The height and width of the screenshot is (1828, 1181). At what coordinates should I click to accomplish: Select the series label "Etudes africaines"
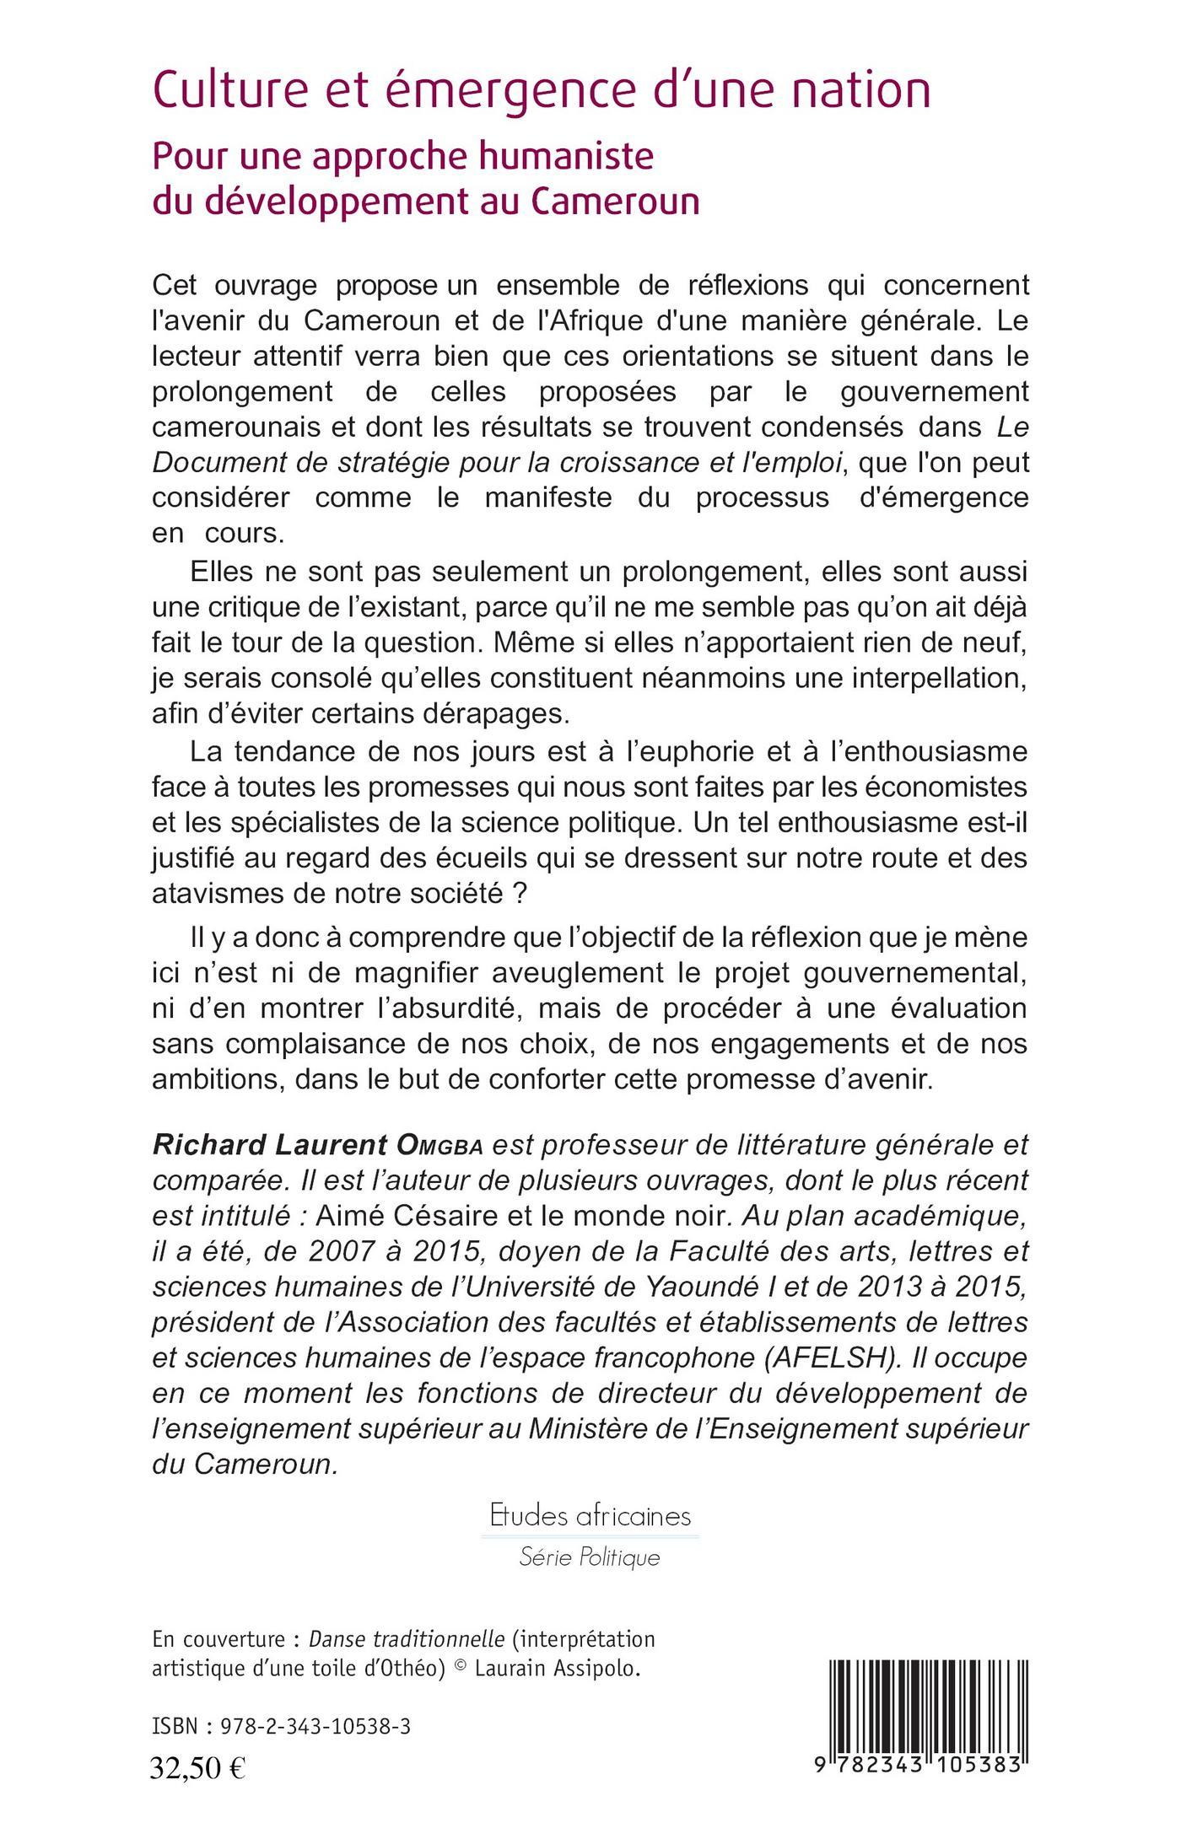coord(590,1516)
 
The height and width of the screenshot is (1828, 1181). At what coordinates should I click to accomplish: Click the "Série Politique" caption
coord(590,1556)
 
